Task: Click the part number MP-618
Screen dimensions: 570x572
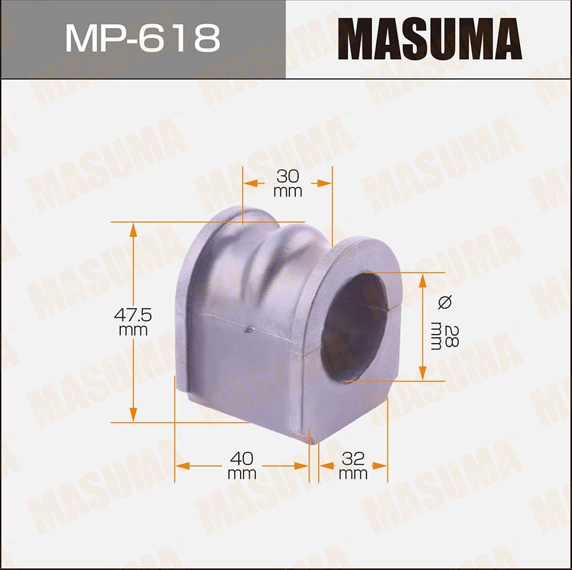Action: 142,39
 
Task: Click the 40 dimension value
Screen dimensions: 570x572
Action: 242,459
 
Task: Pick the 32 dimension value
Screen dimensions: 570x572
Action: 353,459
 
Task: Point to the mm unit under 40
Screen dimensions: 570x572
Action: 242,475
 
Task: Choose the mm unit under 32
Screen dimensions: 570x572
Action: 353,475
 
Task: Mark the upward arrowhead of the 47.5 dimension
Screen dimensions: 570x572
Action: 134,230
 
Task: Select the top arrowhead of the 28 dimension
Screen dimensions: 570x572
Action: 423,280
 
